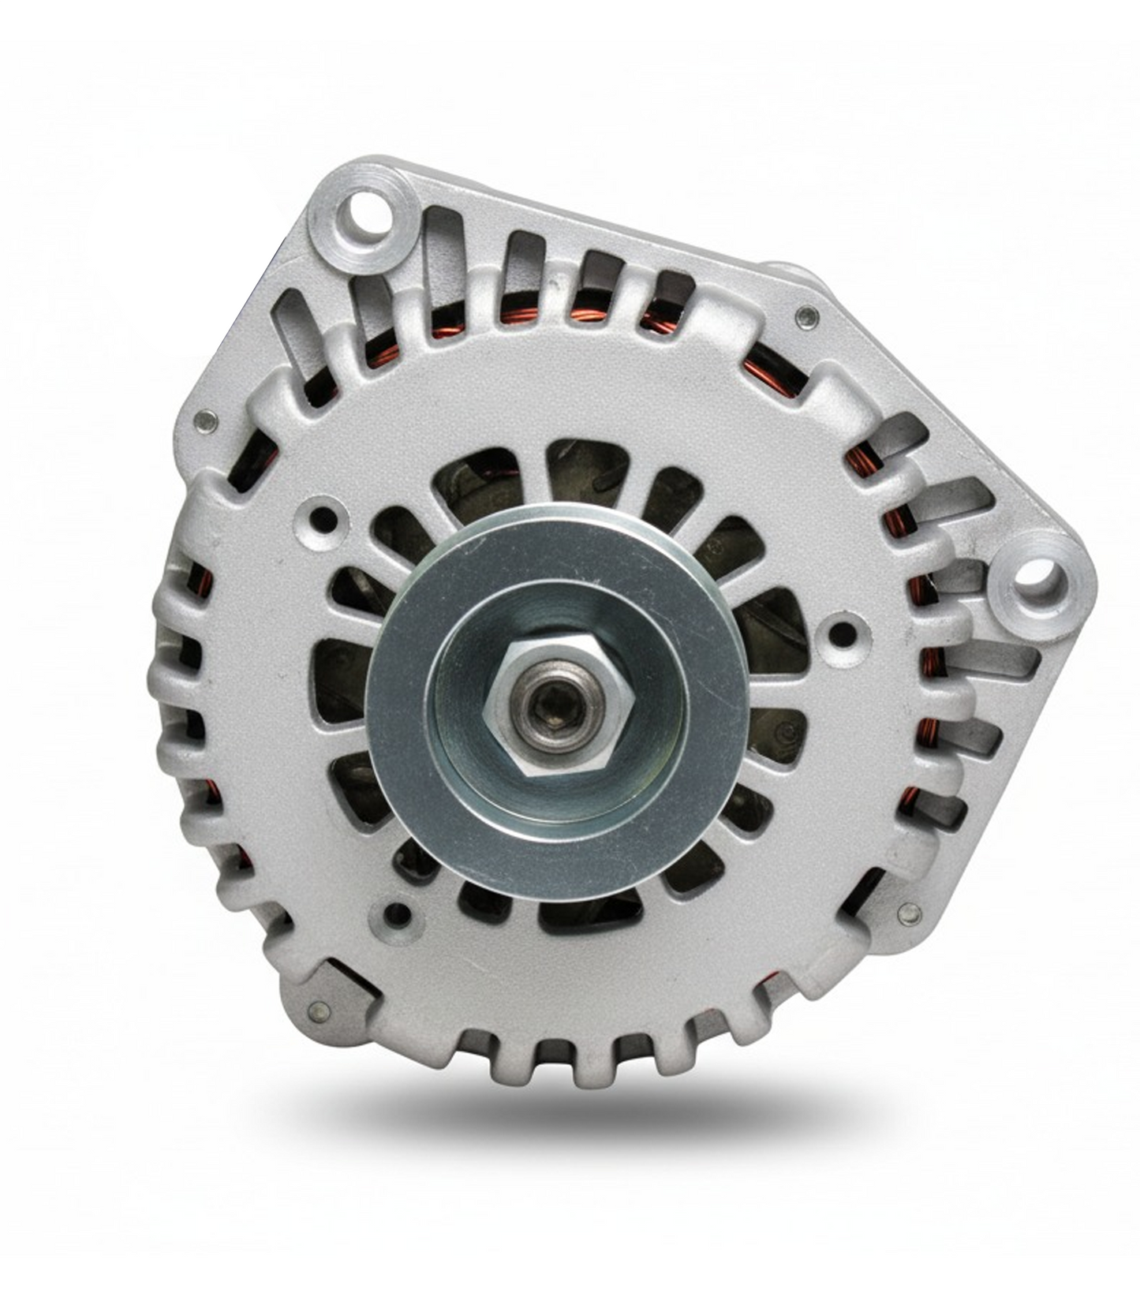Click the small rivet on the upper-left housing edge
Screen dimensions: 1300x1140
pyautogui.click(x=207, y=420)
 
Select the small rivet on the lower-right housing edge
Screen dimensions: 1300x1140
pyautogui.click(x=910, y=914)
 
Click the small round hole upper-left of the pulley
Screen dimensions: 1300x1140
pyautogui.click(x=323, y=517)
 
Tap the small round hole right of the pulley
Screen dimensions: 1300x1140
pyautogui.click(x=841, y=632)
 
